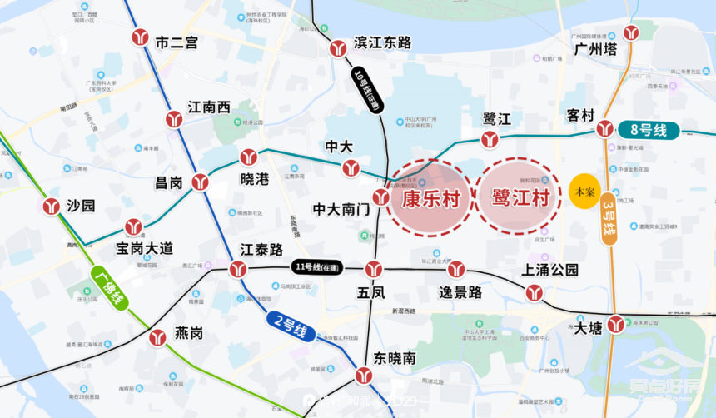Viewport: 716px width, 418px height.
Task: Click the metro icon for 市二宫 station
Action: pos(140,38)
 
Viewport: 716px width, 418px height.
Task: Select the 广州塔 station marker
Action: pos(632,32)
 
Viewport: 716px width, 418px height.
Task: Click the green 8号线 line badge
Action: pos(649,129)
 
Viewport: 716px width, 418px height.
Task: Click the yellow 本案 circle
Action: pos(584,192)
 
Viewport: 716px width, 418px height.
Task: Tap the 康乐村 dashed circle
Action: pos(431,198)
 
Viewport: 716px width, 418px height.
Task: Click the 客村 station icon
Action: pos(605,128)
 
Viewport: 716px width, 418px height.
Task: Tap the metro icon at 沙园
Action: pos(52,206)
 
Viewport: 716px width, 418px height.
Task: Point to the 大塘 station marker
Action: pos(616,325)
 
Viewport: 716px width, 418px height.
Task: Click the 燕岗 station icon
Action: pos(157,338)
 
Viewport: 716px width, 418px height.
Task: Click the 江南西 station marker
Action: pos(174,119)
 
